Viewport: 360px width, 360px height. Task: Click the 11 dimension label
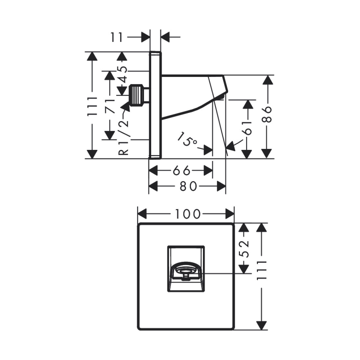(117, 37)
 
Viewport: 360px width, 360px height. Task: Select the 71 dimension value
(110, 106)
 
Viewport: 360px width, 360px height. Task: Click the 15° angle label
(187, 139)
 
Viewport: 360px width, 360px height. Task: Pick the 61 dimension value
(247, 128)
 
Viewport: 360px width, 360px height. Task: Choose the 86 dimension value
(267, 114)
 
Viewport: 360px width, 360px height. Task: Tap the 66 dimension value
(181, 171)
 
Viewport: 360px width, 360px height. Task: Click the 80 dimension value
(188, 186)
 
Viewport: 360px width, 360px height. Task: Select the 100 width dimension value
(188, 214)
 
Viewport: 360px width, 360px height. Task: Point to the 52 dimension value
(244, 249)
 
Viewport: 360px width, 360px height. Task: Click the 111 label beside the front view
(262, 270)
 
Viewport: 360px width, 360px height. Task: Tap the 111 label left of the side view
(92, 107)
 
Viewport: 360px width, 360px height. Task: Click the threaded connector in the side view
(138, 95)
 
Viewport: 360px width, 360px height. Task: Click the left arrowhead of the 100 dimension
(142, 214)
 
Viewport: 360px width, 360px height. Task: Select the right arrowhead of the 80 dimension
(221, 186)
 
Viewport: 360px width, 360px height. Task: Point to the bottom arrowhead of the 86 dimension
(266, 153)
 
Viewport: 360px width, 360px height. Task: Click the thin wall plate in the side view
(155, 105)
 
